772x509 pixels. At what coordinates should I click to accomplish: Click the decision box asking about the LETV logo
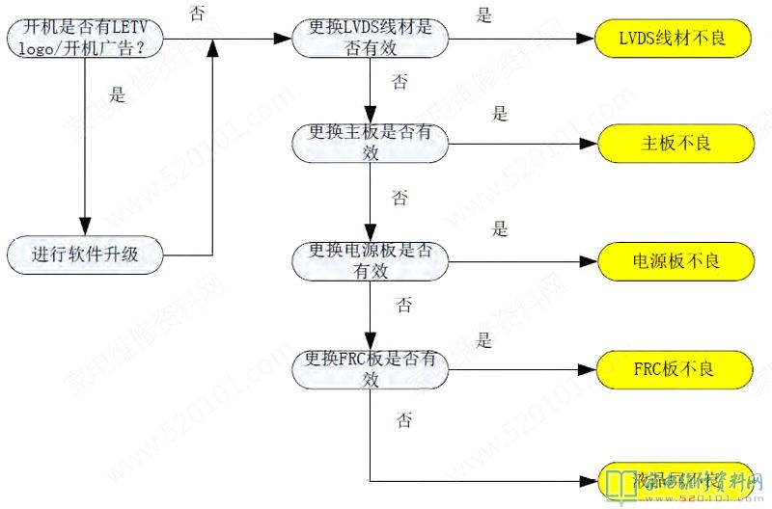coord(83,39)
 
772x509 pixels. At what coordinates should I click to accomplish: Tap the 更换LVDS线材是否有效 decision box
coord(372,40)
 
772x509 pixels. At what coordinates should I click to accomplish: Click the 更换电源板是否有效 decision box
coord(372,261)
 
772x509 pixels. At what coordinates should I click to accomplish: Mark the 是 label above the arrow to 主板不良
coord(499,114)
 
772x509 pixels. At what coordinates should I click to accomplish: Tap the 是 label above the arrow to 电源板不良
coord(499,229)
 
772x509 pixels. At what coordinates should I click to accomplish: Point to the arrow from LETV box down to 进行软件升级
coord(86,145)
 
